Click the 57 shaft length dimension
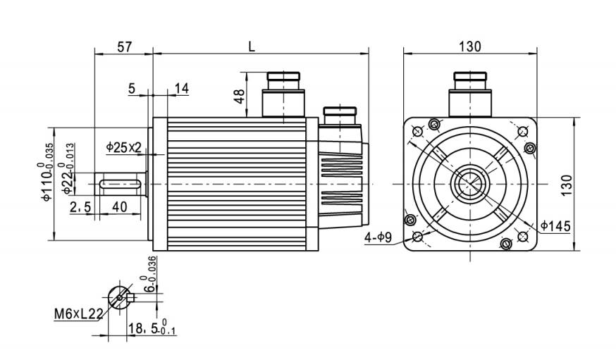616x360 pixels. [124, 46]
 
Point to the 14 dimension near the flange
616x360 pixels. [181, 88]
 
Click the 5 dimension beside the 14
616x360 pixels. [131, 88]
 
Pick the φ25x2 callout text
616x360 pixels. [124, 147]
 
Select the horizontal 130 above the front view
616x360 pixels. [469, 46]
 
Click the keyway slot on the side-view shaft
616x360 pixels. [121, 184]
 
